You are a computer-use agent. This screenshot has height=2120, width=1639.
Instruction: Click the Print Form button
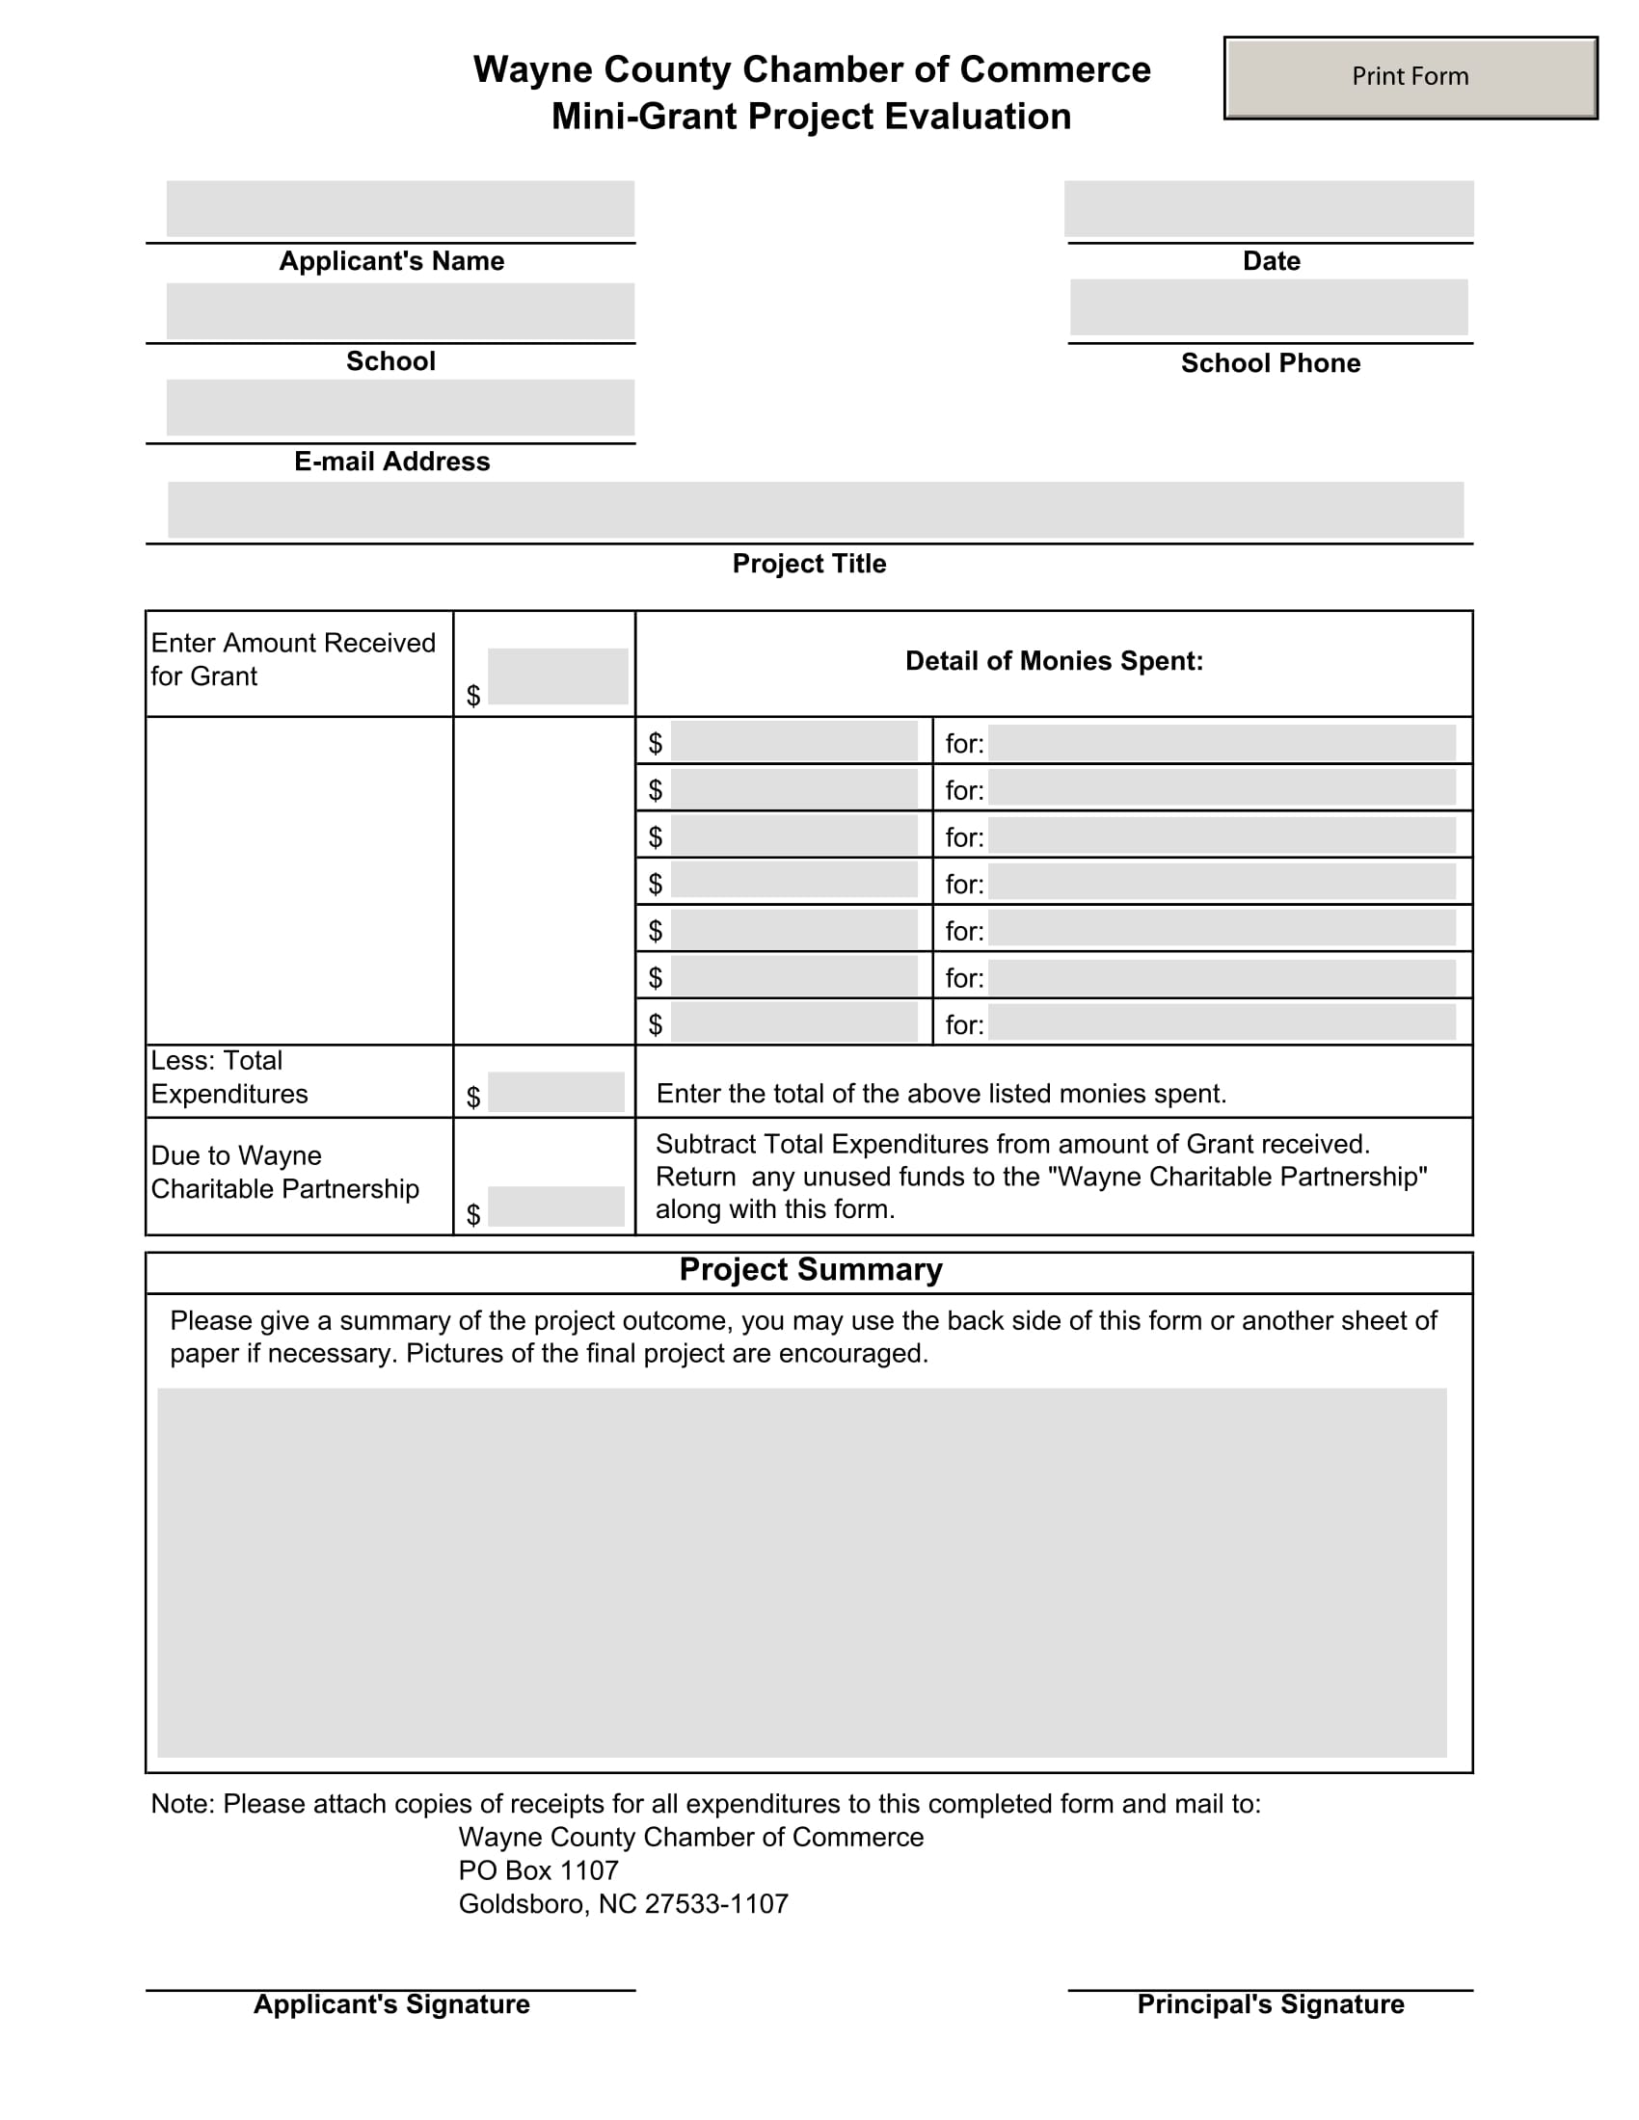coord(1410,78)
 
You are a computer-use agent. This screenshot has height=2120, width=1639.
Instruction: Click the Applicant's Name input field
coord(400,208)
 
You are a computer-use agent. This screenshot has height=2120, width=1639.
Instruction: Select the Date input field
coord(1268,208)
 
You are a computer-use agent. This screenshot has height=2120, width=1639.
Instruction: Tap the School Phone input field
coord(1268,306)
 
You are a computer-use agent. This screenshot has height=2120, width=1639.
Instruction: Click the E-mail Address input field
coord(400,407)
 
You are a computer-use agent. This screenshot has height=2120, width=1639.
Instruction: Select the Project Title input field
coord(816,509)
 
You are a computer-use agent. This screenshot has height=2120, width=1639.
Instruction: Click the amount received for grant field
coord(557,676)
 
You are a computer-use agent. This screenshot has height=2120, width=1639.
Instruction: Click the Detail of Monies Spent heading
coord(1054,661)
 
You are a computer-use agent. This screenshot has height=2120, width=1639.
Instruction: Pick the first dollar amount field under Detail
coord(793,742)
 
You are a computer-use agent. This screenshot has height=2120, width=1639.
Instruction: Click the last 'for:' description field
coord(1222,1022)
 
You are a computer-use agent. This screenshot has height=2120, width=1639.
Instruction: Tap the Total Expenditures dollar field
coord(555,1091)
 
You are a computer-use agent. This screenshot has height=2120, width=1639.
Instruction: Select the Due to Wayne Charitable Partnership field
coord(555,1206)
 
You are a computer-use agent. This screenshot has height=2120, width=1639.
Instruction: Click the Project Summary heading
coord(810,1270)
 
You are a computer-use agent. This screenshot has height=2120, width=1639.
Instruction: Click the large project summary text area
coord(802,1573)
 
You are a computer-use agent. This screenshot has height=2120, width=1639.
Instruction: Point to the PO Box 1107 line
coord(538,1870)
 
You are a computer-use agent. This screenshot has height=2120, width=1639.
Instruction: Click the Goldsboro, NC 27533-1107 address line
coord(624,1903)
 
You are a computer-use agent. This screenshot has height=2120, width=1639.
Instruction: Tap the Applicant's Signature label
coord(391,2004)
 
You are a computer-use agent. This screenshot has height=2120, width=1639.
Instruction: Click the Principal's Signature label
coord(1270,2004)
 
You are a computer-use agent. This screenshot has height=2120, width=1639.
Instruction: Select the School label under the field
coord(390,361)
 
